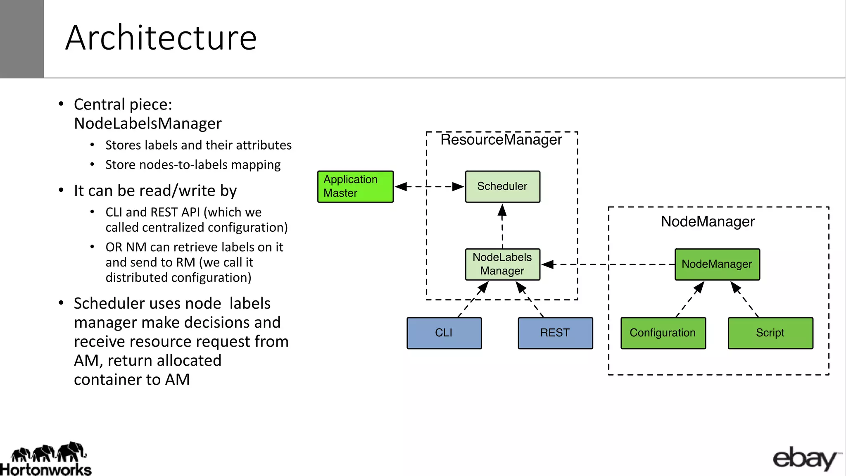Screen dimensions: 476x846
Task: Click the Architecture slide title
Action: coord(161,38)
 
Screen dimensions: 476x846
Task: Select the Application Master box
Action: coord(355,186)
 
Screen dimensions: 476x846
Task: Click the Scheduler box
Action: coord(502,186)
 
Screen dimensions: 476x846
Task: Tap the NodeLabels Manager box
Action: coord(502,264)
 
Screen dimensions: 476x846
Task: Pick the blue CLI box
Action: coord(444,333)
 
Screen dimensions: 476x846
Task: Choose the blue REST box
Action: coord(555,333)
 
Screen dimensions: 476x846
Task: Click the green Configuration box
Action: coord(663,333)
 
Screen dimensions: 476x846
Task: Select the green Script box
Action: coord(770,333)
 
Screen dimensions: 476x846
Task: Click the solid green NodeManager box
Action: coord(717,264)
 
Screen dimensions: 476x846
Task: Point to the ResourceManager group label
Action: coord(501,140)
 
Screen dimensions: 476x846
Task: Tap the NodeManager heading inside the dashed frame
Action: coord(708,221)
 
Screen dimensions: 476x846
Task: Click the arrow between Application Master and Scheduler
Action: coord(429,187)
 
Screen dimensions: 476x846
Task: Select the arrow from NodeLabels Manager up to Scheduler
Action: coord(502,226)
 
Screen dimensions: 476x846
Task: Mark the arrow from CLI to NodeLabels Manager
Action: coord(473,299)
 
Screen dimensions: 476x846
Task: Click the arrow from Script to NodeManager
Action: coord(745,299)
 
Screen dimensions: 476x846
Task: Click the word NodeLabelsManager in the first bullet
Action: coord(148,124)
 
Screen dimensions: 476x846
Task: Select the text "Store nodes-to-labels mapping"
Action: coord(193,164)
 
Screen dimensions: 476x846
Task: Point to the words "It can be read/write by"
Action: coord(155,190)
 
